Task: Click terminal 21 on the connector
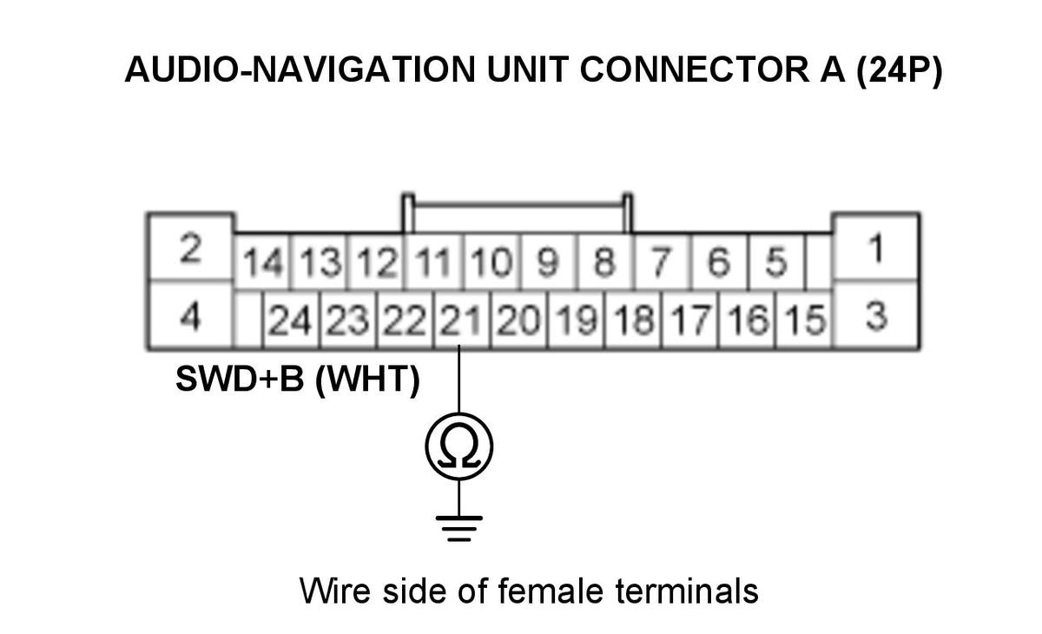point(461,320)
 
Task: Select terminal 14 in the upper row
point(263,261)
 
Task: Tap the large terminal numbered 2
point(191,248)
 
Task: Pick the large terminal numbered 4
point(191,315)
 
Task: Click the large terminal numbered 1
point(876,248)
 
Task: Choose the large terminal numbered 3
point(876,315)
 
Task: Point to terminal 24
point(291,320)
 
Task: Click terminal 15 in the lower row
point(804,320)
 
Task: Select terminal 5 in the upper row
point(776,261)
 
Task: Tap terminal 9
point(549,261)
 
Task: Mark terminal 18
point(633,320)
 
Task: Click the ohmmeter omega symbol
point(459,446)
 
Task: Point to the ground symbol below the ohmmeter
point(459,529)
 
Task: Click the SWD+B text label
point(240,379)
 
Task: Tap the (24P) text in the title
point(899,70)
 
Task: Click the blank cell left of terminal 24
point(248,320)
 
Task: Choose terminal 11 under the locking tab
point(433,261)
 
